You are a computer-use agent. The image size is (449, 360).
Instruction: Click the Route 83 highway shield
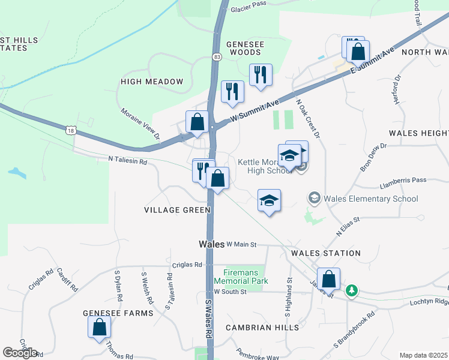(x=216, y=56)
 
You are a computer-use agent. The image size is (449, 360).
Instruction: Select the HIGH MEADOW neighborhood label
(x=152, y=82)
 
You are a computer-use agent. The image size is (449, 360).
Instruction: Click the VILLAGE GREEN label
(x=177, y=210)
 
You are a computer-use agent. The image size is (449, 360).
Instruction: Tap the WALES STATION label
(x=326, y=253)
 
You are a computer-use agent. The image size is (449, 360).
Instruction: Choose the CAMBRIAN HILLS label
(x=262, y=328)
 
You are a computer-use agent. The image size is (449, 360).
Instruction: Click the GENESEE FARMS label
(x=118, y=313)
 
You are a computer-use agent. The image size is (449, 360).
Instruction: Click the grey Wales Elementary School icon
(x=313, y=197)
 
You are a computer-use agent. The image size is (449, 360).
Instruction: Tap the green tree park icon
(x=352, y=291)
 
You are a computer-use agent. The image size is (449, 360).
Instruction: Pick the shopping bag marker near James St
(x=328, y=279)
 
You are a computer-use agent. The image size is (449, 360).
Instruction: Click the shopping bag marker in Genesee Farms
(x=100, y=327)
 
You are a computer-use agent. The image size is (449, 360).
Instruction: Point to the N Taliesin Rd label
(x=128, y=160)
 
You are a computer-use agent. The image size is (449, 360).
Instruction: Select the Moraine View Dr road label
(x=140, y=124)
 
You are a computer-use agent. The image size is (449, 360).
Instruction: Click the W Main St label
(x=242, y=244)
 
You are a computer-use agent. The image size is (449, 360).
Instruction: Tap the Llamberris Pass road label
(x=403, y=180)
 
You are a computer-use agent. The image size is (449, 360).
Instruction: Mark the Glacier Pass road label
(x=248, y=4)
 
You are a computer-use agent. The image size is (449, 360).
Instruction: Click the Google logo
(x=20, y=352)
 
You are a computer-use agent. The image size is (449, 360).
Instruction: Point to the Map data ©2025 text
(x=423, y=355)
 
